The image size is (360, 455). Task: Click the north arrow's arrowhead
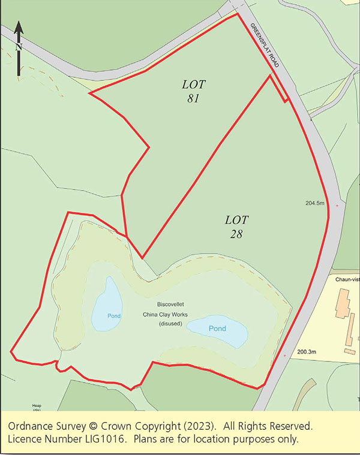(x=19, y=27)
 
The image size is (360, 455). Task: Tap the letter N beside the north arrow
(x=18, y=46)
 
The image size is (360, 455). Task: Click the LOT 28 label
(x=236, y=226)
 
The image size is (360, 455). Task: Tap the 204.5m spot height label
(x=314, y=204)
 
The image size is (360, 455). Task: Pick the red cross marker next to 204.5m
(x=337, y=206)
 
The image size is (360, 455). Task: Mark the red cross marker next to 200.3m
(x=284, y=355)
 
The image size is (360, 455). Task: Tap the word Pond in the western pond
(x=114, y=316)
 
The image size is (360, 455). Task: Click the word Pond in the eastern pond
(x=217, y=329)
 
